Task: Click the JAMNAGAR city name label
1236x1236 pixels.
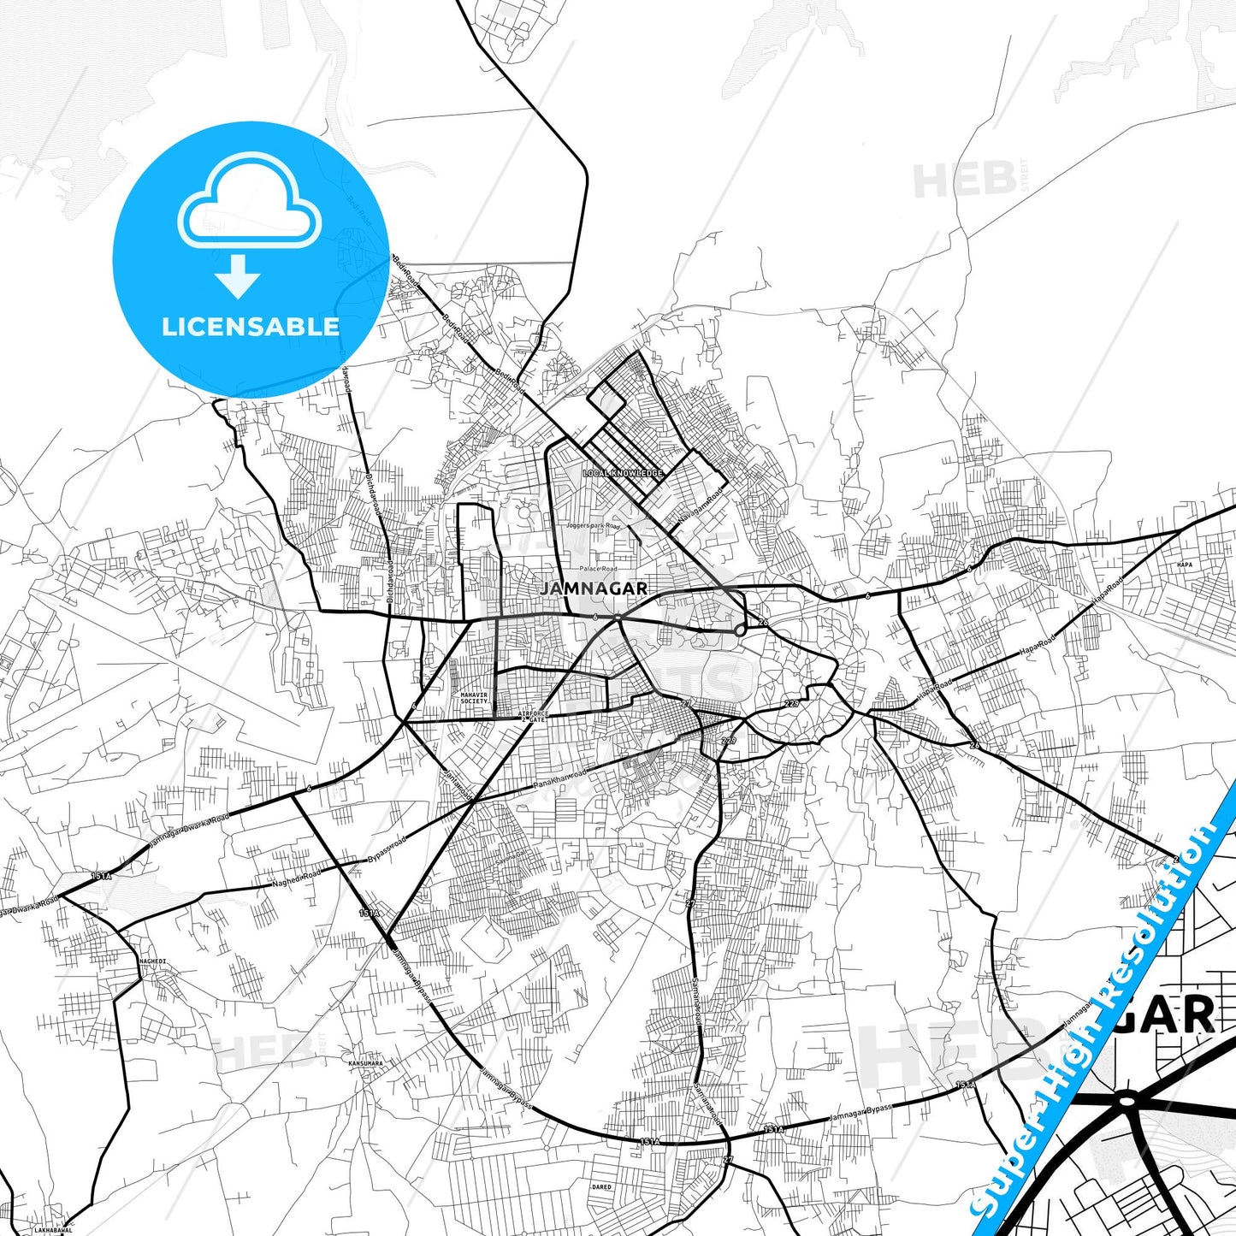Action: tap(594, 589)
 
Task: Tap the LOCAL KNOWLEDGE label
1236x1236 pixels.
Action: tap(623, 474)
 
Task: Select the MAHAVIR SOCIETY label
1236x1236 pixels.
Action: tap(474, 698)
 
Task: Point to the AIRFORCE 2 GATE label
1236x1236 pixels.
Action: tap(533, 716)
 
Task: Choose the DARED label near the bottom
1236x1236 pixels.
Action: tap(602, 1187)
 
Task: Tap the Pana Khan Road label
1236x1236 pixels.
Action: tap(560, 780)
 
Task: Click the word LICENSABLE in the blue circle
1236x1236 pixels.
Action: tap(251, 327)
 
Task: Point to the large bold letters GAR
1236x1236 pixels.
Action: tap(1176, 1016)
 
